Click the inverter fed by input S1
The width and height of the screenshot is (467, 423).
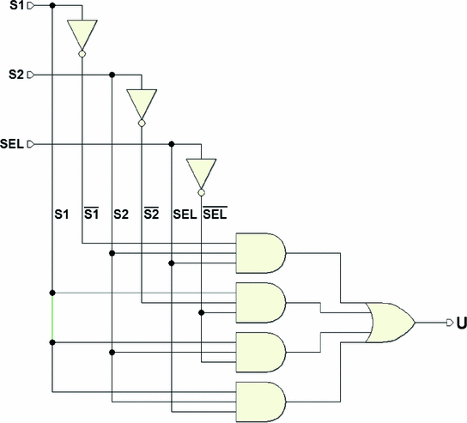click(x=82, y=35)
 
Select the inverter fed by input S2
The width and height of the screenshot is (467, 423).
click(x=142, y=103)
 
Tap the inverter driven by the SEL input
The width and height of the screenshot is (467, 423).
click(x=202, y=172)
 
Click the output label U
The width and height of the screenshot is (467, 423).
click(x=461, y=323)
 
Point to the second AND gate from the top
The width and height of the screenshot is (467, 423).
click(x=261, y=300)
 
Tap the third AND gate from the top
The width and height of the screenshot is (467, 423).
click(x=261, y=349)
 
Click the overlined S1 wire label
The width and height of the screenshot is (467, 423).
click(x=89, y=213)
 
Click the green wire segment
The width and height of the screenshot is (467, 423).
click(x=52, y=317)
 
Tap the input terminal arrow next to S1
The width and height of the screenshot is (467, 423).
click(x=31, y=6)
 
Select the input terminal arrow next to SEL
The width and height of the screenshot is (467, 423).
click(x=31, y=143)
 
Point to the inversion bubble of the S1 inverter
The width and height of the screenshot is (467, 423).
click(x=82, y=55)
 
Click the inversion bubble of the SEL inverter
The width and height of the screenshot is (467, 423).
click(x=202, y=191)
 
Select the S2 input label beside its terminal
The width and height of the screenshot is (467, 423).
click(x=13, y=75)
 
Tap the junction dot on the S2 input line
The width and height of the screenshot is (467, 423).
click(x=112, y=75)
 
